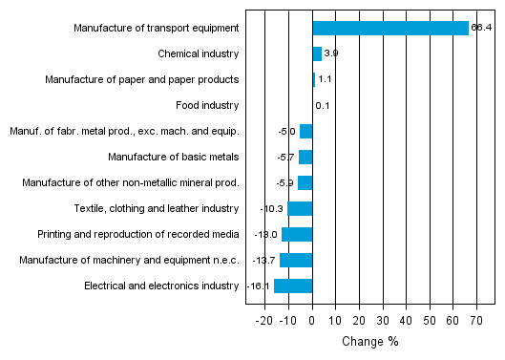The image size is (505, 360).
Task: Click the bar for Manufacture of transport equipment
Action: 390,28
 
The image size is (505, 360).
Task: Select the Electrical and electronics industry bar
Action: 293,286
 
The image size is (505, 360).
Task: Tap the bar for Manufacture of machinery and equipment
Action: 296,260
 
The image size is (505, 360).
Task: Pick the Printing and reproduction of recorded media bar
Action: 297,234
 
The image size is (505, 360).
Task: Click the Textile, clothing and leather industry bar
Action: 300,208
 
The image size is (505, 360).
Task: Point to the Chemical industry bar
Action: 317,53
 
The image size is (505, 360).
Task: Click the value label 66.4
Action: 481,28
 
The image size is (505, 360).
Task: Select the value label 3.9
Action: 331,53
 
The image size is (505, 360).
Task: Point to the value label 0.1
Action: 323,105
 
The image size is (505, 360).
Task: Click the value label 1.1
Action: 325,79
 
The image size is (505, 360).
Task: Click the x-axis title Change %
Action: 369,342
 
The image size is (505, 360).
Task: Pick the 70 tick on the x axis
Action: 476,320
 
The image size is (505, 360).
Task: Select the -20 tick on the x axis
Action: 264,320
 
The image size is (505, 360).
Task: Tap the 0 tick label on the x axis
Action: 312,320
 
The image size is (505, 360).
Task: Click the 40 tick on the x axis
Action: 406,320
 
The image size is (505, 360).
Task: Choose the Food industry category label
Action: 207,105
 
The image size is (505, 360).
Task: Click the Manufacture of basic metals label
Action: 173,157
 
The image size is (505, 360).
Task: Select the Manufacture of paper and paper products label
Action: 141,79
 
